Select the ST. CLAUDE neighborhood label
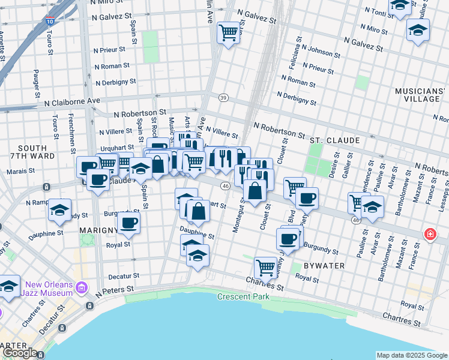click(x=334, y=140)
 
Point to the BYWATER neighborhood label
click(x=323, y=265)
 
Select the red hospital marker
click(x=430, y=234)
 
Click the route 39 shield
click(x=223, y=98)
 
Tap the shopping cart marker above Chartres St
click(x=265, y=266)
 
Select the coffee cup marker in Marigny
click(x=127, y=222)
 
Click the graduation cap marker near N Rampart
click(x=59, y=209)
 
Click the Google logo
click(x=19, y=353)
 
